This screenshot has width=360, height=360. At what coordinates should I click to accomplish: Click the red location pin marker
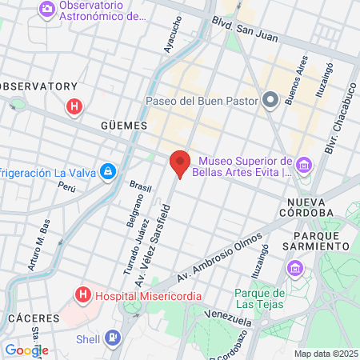180,163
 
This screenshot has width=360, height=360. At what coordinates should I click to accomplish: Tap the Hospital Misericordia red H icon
82,295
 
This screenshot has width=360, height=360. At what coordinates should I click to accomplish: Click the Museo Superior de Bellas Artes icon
304,166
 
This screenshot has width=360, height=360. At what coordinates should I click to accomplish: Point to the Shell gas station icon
113,338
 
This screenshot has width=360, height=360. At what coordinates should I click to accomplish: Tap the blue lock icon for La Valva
107,172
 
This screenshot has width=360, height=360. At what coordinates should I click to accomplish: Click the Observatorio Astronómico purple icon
47,10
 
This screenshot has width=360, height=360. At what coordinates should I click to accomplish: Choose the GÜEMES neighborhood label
125,126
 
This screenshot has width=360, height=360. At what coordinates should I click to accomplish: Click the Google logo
26,350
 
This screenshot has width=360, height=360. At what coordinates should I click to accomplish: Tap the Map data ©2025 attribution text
326,354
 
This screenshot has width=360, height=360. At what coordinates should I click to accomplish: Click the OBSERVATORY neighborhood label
38,86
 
